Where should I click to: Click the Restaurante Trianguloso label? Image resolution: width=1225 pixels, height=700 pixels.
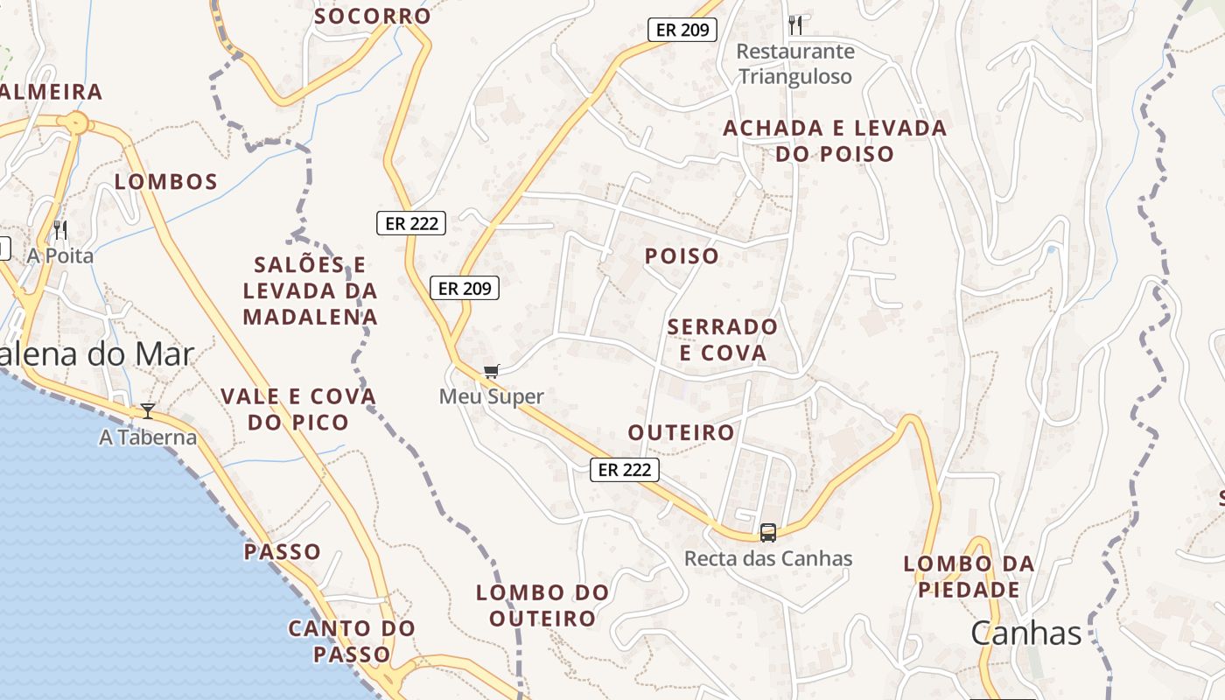click(794, 64)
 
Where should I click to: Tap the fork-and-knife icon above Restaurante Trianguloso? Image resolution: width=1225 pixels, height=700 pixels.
click(794, 24)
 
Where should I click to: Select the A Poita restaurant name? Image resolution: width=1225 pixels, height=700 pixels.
click(59, 255)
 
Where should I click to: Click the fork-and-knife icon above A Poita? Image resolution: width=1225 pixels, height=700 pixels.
click(60, 230)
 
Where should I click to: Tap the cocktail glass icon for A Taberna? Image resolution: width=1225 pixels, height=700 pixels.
click(148, 410)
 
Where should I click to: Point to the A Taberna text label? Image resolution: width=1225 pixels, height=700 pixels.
click(148, 437)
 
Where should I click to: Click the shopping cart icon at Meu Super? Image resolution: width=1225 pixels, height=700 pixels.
click(491, 371)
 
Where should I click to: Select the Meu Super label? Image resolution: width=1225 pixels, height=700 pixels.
click(491, 396)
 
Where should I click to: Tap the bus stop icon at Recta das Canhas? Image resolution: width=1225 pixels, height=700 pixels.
click(767, 532)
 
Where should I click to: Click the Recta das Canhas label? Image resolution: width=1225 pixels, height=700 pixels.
click(767, 558)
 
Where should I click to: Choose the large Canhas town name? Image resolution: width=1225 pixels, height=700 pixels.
click(1025, 633)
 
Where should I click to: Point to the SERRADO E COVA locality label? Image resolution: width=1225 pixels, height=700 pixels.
click(722, 339)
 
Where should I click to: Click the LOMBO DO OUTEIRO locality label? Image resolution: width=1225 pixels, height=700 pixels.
click(542, 605)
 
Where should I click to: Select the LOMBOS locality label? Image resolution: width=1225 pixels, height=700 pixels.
click(166, 182)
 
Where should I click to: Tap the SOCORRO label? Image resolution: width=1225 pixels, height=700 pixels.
click(373, 16)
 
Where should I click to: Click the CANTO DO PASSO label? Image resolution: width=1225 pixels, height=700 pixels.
click(352, 640)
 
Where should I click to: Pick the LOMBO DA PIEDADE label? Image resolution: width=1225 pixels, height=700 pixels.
click(969, 577)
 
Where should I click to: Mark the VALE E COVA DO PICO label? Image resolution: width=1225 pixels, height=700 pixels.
click(298, 409)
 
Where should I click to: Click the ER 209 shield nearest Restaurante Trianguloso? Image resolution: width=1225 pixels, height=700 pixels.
click(682, 30)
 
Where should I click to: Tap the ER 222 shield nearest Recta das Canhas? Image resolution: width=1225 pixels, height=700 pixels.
click(624, 470)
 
